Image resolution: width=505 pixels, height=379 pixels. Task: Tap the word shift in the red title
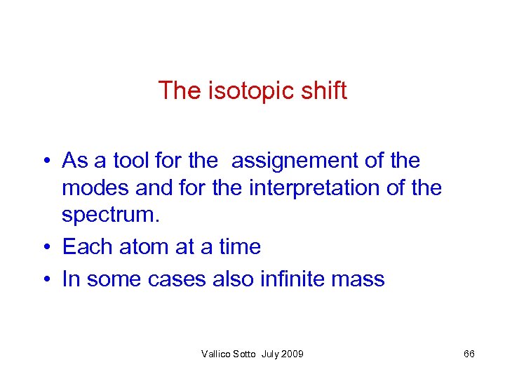point(323,91)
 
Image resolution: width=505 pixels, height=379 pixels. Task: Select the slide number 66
point(469,354)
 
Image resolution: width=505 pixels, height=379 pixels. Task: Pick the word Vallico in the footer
point(215,354)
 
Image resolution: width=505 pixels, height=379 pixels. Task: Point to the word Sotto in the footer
point(245,354)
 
